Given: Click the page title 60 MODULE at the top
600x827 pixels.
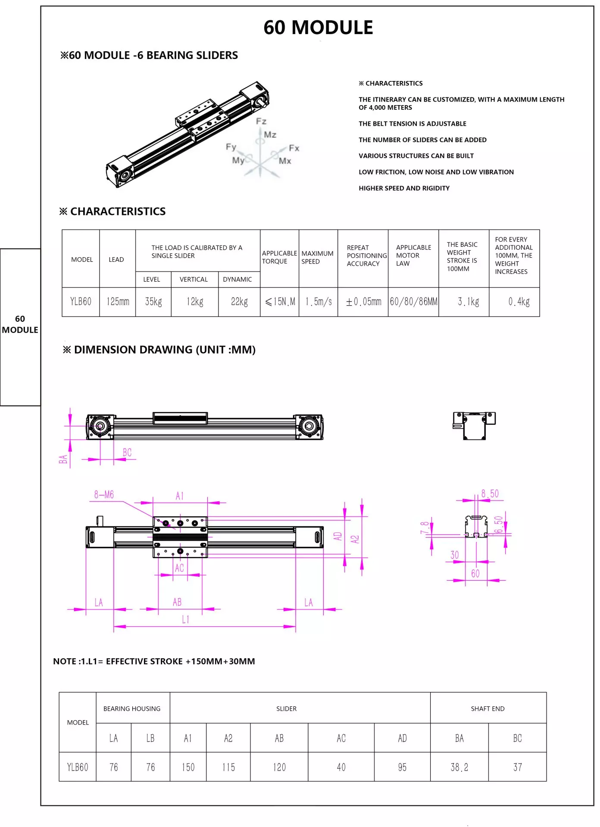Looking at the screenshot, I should click(318, 28).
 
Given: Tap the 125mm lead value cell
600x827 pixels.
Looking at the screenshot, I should click(118, 302).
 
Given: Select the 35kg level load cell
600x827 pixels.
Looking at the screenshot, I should click(153, 302).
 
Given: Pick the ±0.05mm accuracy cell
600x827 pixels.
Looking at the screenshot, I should click(363, 302).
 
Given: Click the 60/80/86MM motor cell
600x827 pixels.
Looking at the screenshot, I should click(413, 302).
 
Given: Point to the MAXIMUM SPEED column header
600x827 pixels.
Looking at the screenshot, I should click(318, 257).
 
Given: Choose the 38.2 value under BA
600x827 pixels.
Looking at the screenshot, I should click(459, 767).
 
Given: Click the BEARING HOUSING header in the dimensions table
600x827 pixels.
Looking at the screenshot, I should click(132, 709).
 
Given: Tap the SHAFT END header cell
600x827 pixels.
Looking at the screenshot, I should click(487, 709).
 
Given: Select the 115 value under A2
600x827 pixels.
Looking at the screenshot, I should click(228, 767).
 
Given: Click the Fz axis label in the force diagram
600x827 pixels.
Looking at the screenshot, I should click(261, 121).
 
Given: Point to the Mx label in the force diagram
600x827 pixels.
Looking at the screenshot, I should click(285, 161).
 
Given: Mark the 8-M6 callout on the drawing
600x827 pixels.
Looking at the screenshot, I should click(104, 494).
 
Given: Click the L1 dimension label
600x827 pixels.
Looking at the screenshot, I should click(185, 619).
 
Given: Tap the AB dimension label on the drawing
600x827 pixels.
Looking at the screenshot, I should click(177, 602).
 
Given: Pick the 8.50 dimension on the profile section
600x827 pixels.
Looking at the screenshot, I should click(490, 494).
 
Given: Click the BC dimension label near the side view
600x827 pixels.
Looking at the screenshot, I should click(127, 453).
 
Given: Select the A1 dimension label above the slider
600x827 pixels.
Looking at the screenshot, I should click(180, 496).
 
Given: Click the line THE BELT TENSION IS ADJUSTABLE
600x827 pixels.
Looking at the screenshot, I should click(412, 124).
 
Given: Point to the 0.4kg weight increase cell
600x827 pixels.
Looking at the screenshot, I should click(519, 302).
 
